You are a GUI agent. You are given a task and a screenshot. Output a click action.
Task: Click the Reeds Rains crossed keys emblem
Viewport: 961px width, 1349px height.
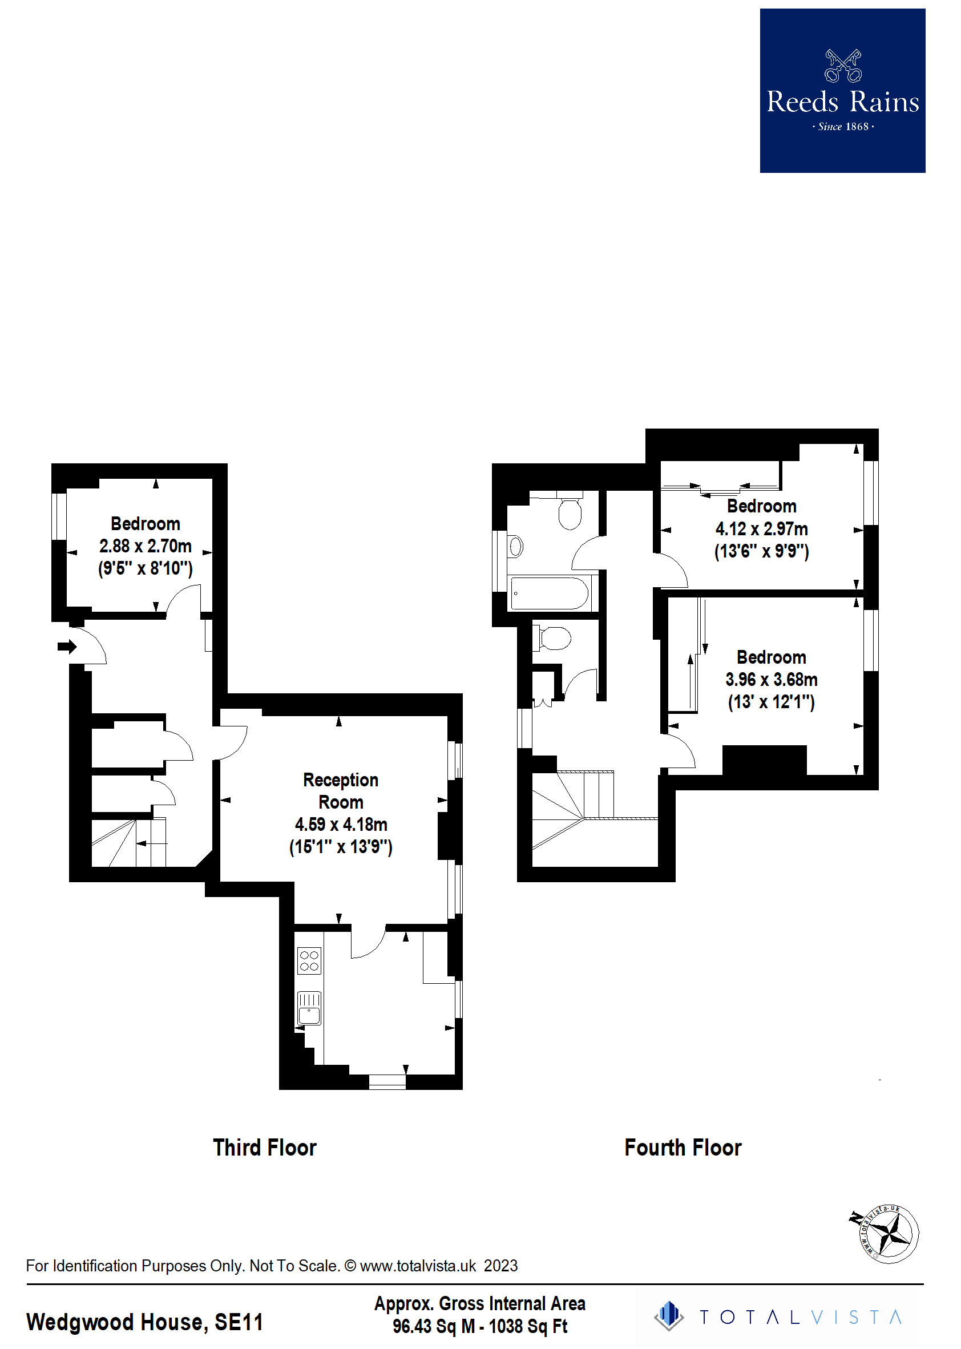click(843, 66)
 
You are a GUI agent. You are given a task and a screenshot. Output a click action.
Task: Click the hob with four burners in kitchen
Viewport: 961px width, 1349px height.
click(309, 960)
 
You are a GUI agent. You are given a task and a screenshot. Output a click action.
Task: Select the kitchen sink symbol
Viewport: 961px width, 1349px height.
click(309, 1008)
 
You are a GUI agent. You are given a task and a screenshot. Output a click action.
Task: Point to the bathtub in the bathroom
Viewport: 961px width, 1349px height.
click(549, 593)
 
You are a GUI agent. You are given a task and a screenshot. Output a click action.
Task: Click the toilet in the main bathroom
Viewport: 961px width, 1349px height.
click(571, 512)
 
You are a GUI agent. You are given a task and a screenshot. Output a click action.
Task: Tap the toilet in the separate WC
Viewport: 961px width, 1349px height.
click(555, 639)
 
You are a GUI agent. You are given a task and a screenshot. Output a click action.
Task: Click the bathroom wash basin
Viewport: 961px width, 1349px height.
click(516, 546)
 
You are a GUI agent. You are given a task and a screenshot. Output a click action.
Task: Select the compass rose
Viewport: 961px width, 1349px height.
click(889, 1235)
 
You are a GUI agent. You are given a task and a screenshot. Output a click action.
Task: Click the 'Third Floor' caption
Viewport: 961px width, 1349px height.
click(265, 1148)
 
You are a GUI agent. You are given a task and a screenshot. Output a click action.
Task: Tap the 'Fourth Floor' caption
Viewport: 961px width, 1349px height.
click(683, 1148)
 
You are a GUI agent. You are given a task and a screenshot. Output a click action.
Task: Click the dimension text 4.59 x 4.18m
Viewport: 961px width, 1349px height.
click(341, 824)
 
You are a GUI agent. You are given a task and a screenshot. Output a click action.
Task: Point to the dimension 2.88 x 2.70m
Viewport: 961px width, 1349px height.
click(146, 546)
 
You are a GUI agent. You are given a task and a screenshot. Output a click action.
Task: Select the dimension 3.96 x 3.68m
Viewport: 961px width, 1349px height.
click(771, 679)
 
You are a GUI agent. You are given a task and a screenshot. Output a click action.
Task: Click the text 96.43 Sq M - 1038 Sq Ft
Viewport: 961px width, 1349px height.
click(480, 1327)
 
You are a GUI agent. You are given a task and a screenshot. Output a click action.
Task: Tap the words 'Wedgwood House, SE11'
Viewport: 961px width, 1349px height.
click(145, 1322)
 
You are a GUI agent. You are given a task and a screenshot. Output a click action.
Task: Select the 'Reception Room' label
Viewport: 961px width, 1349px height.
click(341, 791)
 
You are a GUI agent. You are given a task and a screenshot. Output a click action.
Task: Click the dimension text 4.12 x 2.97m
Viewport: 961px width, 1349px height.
click(762, 528)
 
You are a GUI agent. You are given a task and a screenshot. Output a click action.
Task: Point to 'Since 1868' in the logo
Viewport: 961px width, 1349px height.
click(843, 127)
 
